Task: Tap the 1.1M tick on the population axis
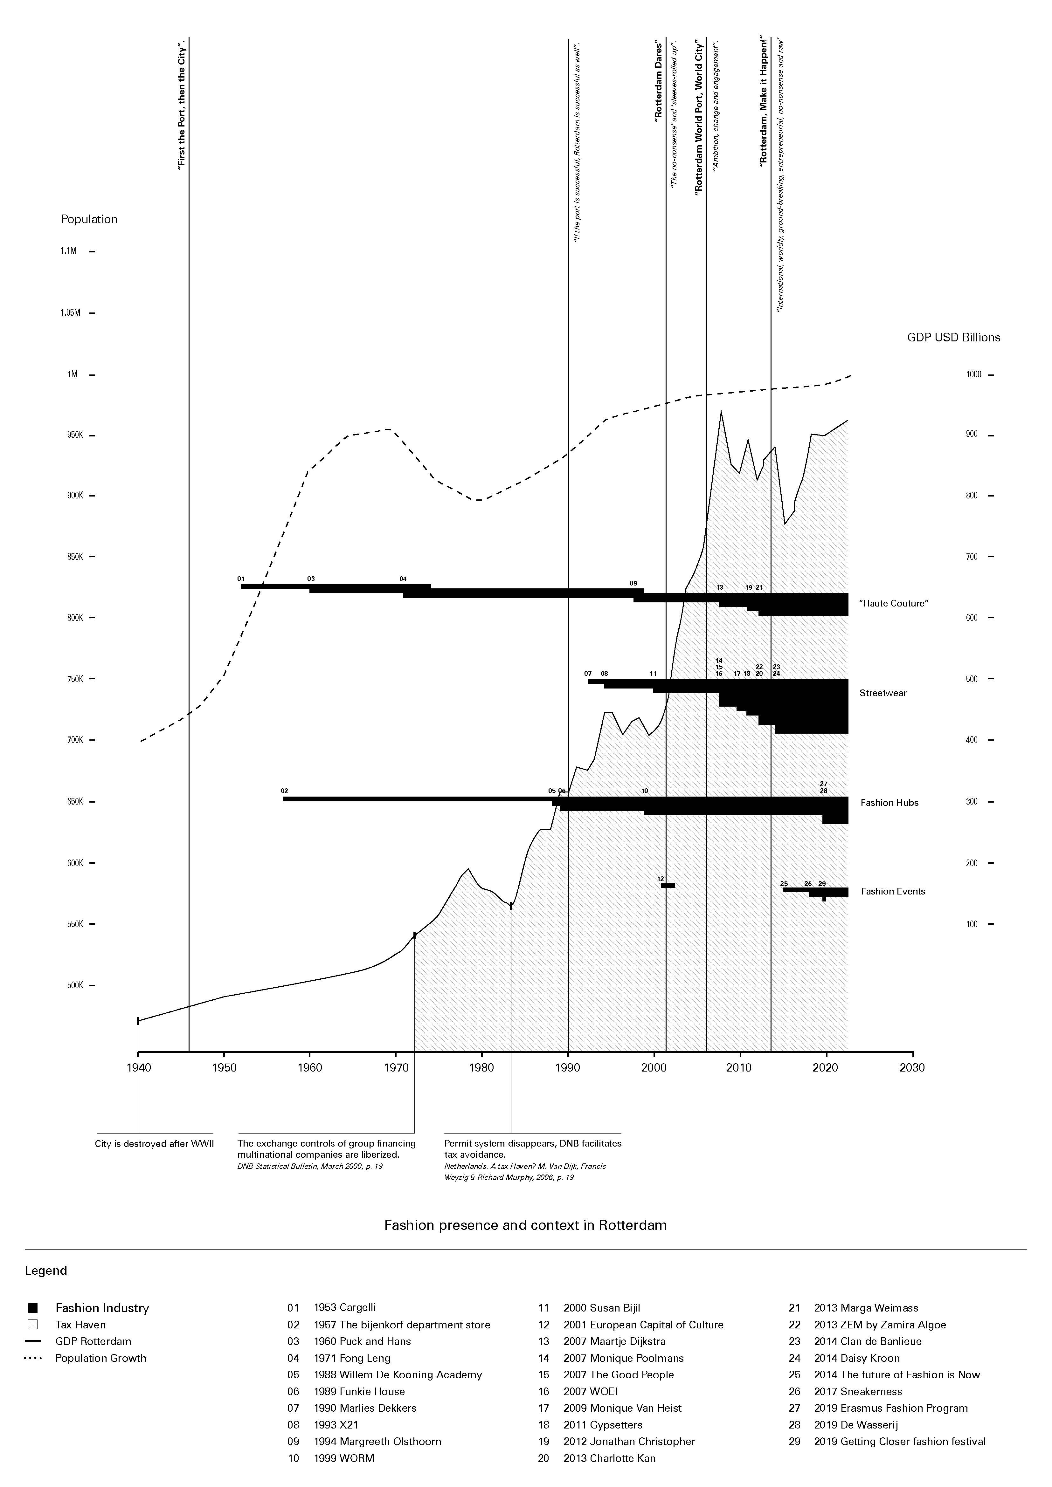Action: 69,250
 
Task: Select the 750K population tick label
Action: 75,679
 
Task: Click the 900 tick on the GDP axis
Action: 972,435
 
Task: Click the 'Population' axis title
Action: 89,219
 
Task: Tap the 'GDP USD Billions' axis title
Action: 953,338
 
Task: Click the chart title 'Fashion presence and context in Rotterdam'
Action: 525,1225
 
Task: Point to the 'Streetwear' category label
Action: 883,693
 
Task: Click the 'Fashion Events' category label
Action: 893,891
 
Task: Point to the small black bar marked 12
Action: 668,885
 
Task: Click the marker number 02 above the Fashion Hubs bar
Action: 284,791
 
